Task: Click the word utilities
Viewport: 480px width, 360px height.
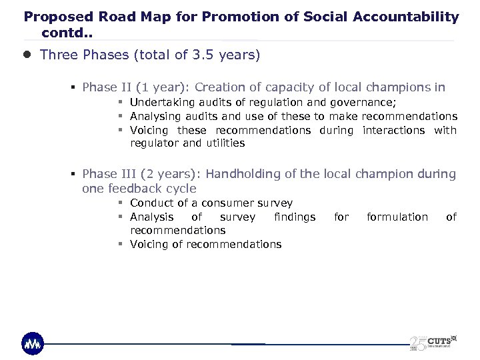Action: pos(225,143)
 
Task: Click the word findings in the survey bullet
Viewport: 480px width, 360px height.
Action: pos(295,217)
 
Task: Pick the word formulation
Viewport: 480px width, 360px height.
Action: pos(397,217)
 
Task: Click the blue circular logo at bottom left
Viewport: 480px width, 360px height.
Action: pos(33,343)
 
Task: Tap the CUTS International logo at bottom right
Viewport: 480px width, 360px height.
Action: pos(433,339)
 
